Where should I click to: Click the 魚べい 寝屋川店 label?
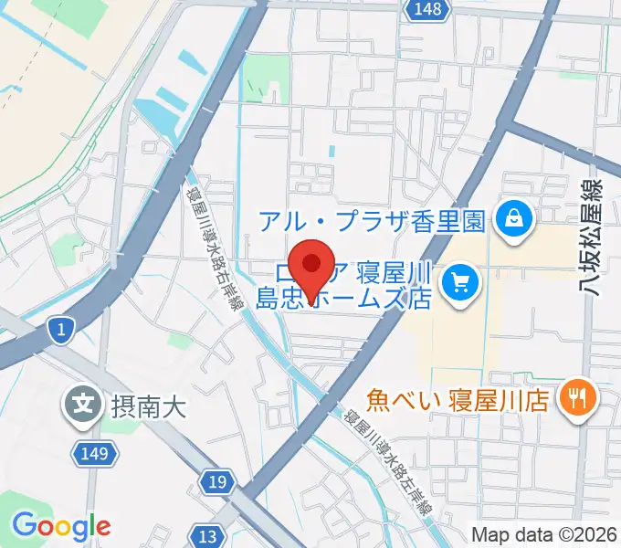457,399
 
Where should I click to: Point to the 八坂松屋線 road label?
596,237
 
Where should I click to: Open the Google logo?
61,526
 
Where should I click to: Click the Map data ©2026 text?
544,534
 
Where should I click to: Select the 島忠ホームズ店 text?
344,297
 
